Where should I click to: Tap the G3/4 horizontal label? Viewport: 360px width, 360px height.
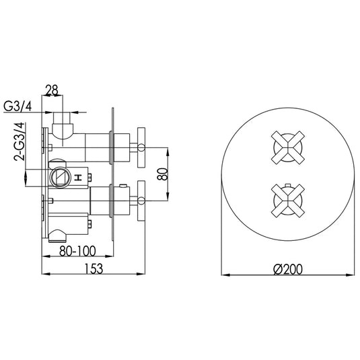(24, 106)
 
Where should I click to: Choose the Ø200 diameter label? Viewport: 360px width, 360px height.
(288, 268)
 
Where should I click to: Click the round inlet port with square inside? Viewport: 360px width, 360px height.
(59, 178)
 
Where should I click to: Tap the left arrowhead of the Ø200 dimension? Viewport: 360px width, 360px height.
(225, 275)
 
